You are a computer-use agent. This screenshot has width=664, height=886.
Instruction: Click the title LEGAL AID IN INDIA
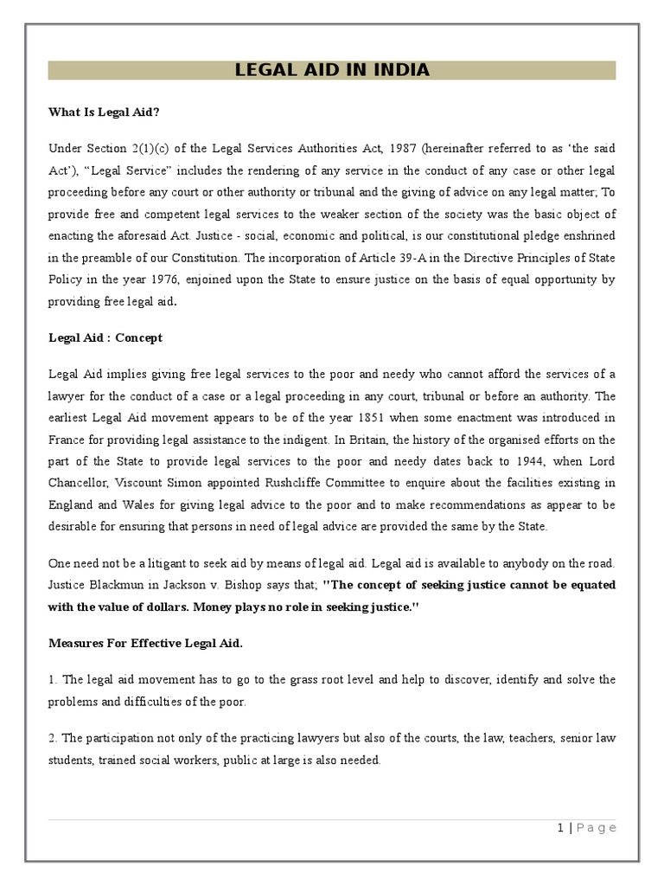click(332, 70)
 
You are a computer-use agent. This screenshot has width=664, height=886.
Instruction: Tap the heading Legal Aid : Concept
click(105, 337)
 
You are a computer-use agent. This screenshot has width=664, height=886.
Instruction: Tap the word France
click(67, 440)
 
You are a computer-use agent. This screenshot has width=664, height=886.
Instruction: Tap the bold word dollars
click(173, 607)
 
